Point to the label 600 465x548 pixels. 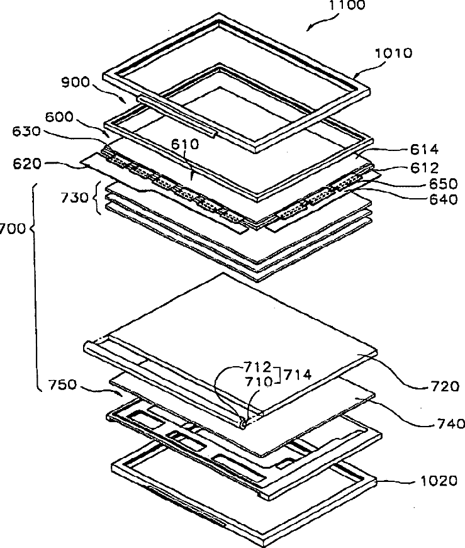tap(59, 117)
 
